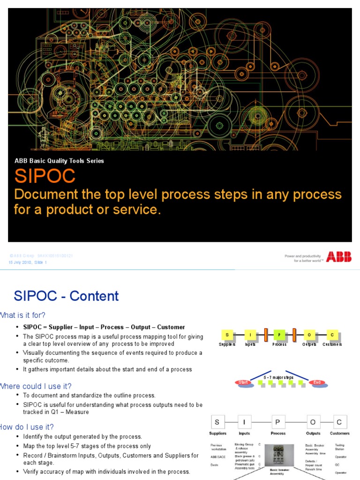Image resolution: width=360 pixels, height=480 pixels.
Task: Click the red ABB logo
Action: point(338,257)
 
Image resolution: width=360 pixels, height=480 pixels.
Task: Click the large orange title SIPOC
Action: point(45,176)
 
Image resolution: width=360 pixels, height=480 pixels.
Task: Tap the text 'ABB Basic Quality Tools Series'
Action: point(59,161)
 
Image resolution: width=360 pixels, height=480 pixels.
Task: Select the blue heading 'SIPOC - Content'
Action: point(66,296)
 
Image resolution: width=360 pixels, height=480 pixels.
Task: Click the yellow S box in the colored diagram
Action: point(227,335)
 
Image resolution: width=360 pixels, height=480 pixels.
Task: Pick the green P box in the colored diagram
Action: point(279,335)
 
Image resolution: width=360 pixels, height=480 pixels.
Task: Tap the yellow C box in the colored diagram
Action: point(332,335)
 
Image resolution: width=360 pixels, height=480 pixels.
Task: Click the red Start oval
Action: point(243,382)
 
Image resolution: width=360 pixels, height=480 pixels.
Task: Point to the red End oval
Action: point(317,382)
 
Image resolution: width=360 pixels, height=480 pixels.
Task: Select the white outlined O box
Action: point(313,422)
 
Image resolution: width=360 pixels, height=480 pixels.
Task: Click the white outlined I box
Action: point(244,422)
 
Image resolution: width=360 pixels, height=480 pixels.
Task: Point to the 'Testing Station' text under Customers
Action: point(339,447)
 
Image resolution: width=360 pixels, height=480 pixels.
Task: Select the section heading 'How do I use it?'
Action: point(27,427)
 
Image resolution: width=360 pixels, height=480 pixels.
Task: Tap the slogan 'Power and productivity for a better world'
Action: point(303,258)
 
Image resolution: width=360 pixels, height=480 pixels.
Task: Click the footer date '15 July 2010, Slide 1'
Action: point(28,262)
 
